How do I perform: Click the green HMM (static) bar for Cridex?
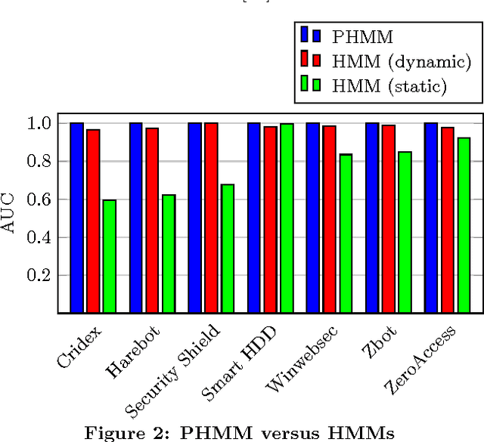coord(110,256)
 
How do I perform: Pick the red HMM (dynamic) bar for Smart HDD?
coord(270,219)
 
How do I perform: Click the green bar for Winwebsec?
coord(346,233)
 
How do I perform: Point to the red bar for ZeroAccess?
coord(447,220)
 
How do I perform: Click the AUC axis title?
coord(11,218)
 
